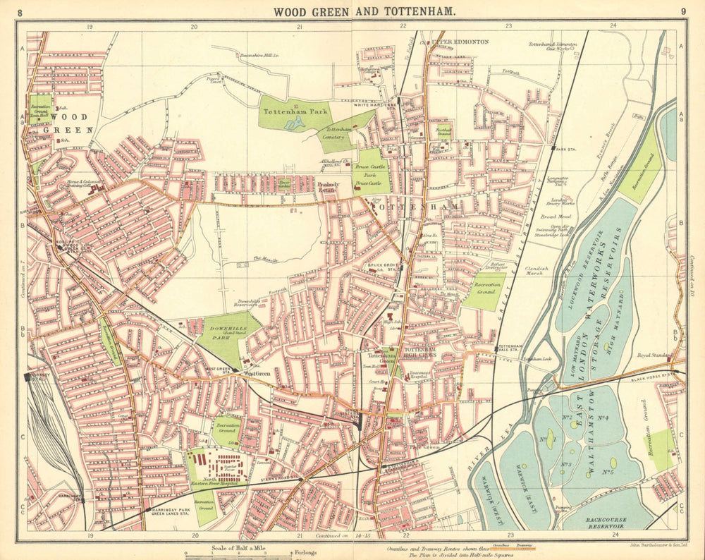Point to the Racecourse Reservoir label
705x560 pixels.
pyautogui.click(x=606, y=520)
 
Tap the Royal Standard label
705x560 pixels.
pyautogui.click(x=652, y=355)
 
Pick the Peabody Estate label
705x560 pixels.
pyautogui.click(x=328, y=187)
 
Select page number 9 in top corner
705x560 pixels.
pyautogui.click(x=683, y=11)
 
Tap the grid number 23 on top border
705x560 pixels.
pyautogui.click(x=509, y=25)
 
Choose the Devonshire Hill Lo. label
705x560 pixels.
pyautogui.click(x=260, y=54)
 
